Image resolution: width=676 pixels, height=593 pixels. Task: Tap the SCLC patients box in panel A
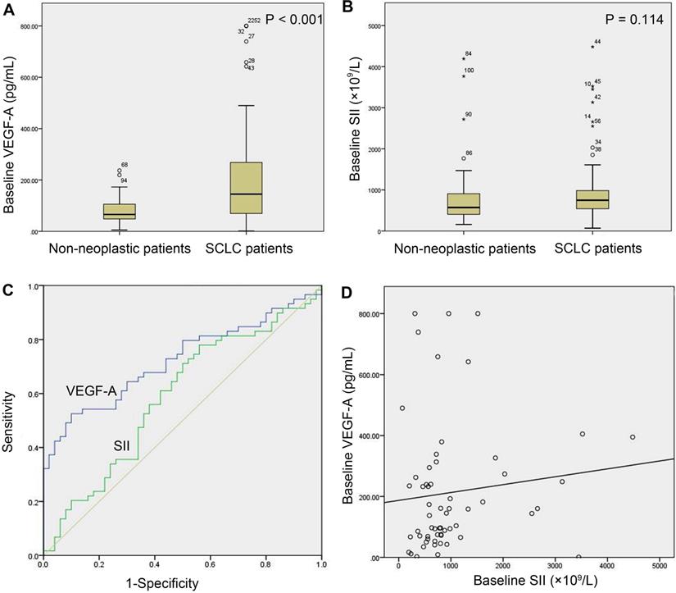[x=246, y=188]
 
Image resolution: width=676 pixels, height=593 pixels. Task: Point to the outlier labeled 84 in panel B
[x=464, y=58]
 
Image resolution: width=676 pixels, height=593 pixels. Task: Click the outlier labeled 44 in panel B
[x=592, y=47]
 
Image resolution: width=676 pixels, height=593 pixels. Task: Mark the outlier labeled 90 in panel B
[x=464, y=119]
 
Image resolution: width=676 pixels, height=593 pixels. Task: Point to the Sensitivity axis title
[x=9, y=421]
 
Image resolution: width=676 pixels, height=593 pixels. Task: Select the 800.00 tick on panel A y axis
[x=29, y=26]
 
